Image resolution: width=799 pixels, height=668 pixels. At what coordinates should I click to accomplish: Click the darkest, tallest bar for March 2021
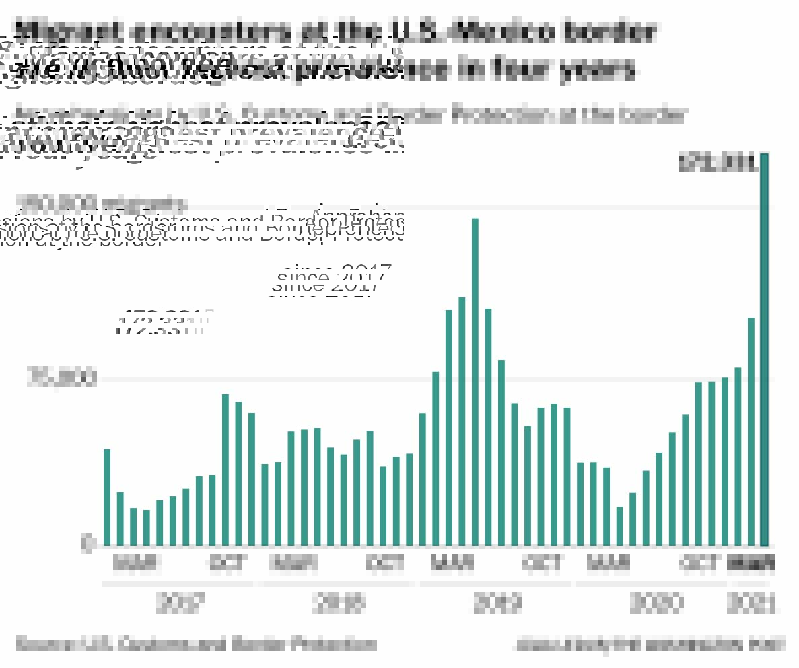pyautogui.click(x=764, y=350)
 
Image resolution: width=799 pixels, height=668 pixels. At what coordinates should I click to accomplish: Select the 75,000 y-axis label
pyautogui.click(x=61, y=378)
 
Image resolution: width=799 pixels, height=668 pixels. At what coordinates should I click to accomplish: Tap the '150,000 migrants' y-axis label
pyautogui.click(x=102, y=203)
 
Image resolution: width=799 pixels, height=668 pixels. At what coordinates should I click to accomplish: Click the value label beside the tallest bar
pyautogui.click(x=716, y=163)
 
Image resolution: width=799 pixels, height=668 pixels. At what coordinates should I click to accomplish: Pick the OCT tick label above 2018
pyautogui.click(x=386, y=563)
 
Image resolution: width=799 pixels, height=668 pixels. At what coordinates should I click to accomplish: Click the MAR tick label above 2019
pyautogui.click(x=452, y=563)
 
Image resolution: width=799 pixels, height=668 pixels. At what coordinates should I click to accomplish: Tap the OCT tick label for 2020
pyautogui.click(x=700, y=563)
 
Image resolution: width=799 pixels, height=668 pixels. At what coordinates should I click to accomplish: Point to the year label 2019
pyautogui.click(x=497, y=603)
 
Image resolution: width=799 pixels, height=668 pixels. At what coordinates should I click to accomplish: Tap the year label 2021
pyautogui.click(x=751, y=603)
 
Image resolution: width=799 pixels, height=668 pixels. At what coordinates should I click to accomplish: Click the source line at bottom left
pyautogui.click(x=196, y=644)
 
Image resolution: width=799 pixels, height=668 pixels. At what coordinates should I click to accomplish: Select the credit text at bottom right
pyautogui.click(x=649, y=644)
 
